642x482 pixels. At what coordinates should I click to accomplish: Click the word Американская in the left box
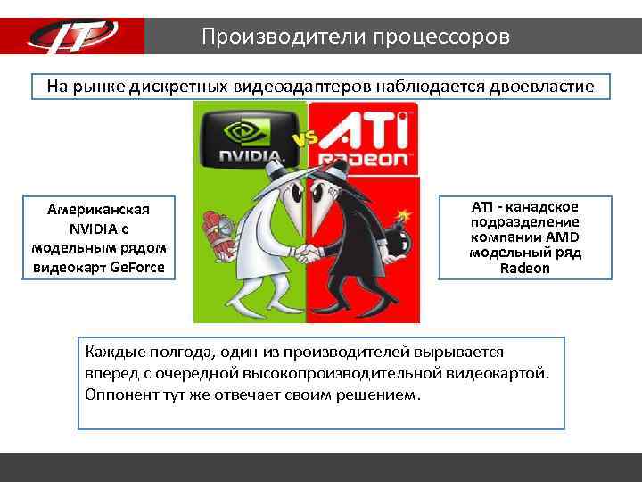click(x=98, y=208)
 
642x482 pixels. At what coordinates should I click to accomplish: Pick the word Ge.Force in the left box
click(x=137, y=267)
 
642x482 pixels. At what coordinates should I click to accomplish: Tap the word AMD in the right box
click(x=561, y=237)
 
